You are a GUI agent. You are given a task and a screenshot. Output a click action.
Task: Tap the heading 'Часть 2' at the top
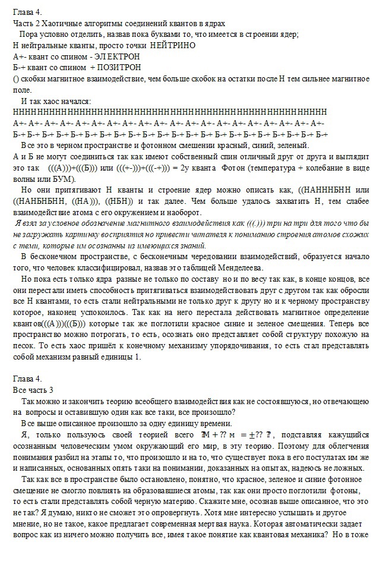point(27,23)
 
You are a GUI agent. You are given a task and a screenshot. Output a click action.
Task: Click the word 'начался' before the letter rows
point(74,101)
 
